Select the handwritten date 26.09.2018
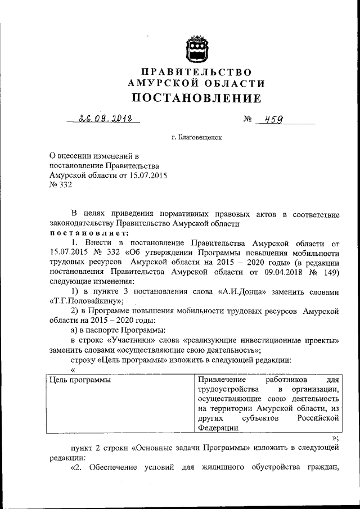pyautogui.click(x=102, y=119)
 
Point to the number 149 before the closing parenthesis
pyautogui.click(x=328, y=272)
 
